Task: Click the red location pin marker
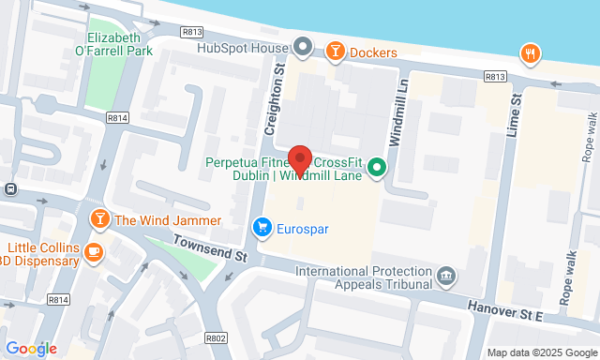(299, 159)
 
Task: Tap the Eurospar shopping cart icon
(262, 227)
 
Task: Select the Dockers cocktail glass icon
(335, 52)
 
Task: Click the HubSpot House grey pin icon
(302, 45)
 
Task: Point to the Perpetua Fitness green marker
(377, 168)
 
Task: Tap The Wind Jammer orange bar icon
(99, 220)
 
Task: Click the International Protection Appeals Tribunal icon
(446, 277)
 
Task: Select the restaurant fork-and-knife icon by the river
(531, 53)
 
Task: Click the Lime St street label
(513, 115)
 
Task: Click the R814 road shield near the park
(118, 118)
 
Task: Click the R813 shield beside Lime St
(495, 76)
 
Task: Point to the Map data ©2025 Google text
(540, 353)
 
